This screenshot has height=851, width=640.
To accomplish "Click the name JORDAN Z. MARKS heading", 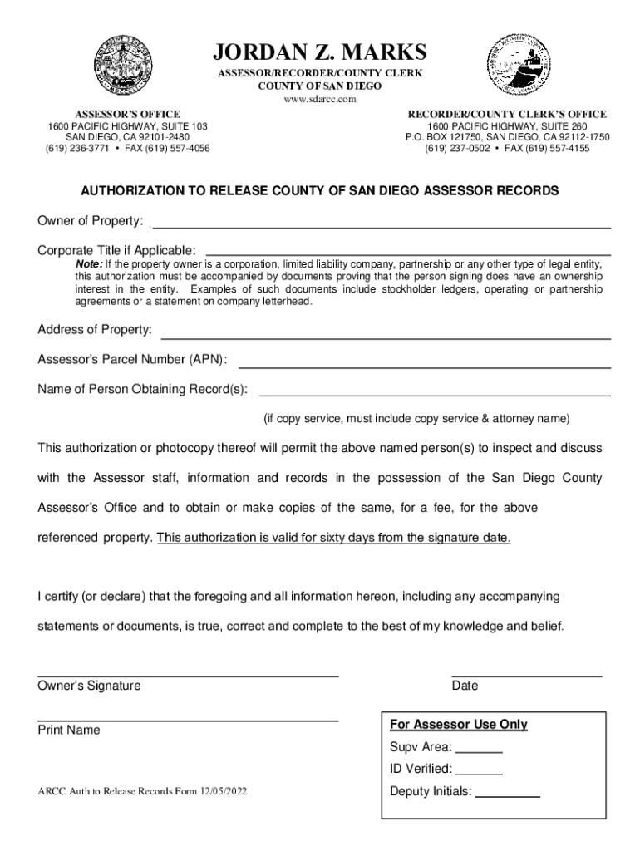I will (320, 53).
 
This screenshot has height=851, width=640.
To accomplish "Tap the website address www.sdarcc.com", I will (320, 99).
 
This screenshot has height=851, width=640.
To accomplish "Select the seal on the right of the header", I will (517, 66).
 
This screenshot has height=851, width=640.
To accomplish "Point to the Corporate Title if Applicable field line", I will (407, 253).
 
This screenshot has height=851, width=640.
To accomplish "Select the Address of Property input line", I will (386, 337).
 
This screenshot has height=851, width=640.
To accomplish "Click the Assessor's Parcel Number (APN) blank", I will (425, 366).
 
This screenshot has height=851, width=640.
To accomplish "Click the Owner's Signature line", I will (188, 676).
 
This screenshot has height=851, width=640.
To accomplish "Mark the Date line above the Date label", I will (527, 676).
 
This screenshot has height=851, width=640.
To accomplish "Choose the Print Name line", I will (188, 721).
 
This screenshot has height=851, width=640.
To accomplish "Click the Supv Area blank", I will (480, 751).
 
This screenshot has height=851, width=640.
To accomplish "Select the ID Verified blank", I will (480, 774).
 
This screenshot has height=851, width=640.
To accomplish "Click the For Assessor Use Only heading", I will (459, 725).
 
